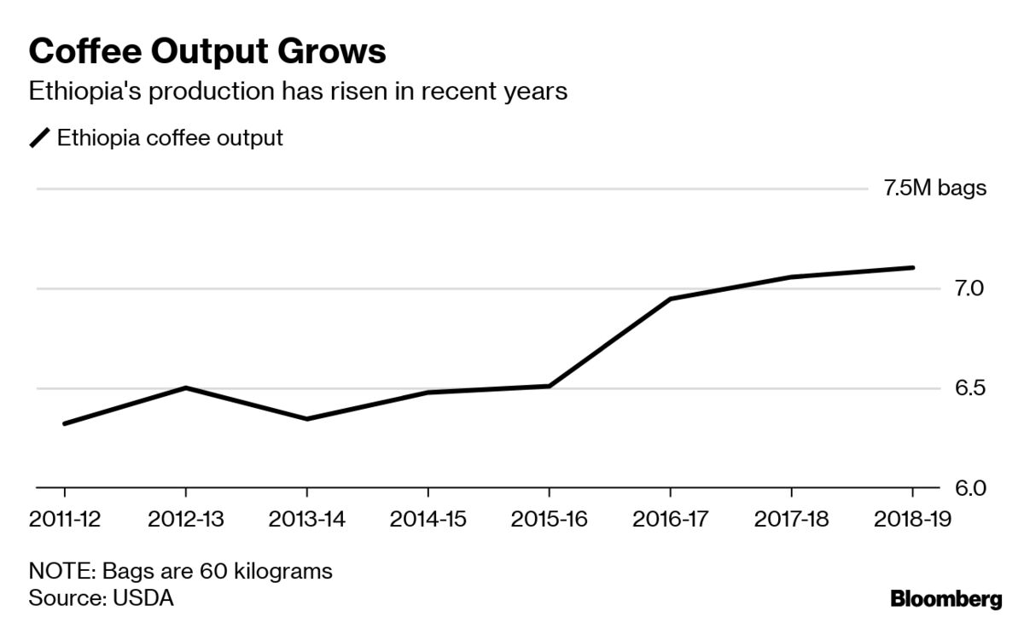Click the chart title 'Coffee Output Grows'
[x=207, y=52]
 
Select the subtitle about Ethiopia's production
[x=298, y=91]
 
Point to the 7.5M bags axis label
[x=934, y=189]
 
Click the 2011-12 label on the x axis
[x=64, y=520]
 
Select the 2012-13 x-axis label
[x=185, y=520]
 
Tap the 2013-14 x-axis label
[x=306, y=520]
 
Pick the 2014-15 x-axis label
[x=428, y=520]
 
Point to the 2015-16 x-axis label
[x=549, y=520]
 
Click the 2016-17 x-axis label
[x=670, y=520]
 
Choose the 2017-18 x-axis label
[x=791, y=520]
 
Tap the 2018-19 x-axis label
[x=912, y=520]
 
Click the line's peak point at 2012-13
[x=185, y=387]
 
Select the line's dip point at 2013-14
[x=306, y=419]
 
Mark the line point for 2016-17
[x=670, y=299]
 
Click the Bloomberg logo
[x=945, y=599]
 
